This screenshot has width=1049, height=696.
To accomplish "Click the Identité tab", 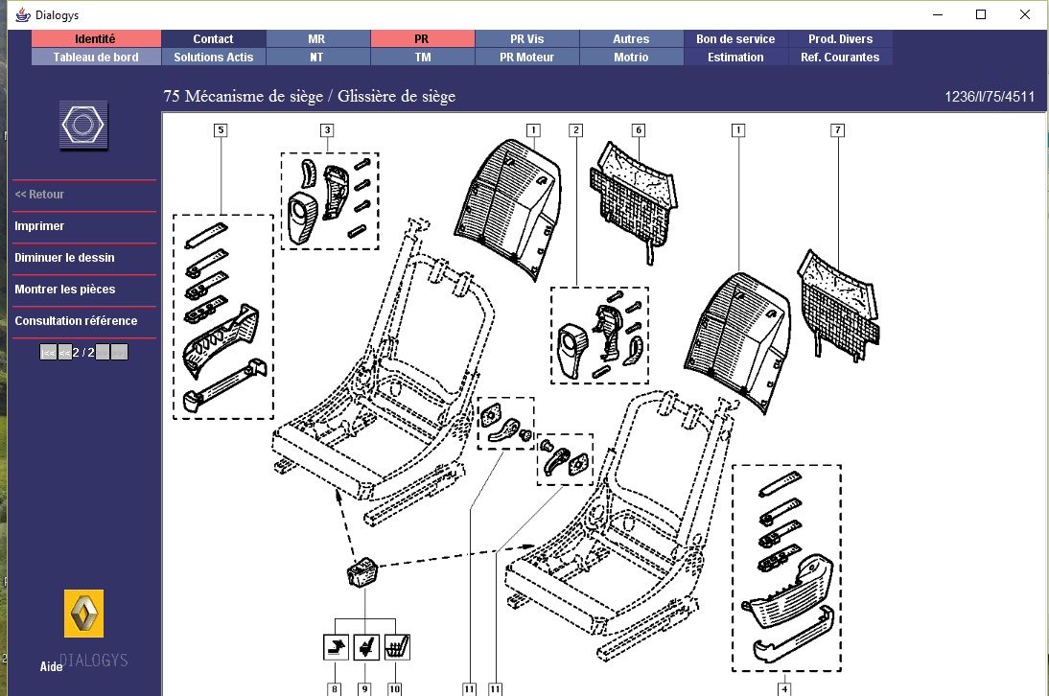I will pos(95,39).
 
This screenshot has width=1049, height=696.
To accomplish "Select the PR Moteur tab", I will pos(526,58).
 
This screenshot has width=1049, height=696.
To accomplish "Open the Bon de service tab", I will pos(735,39).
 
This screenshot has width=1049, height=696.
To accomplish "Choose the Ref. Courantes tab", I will pos(840,58).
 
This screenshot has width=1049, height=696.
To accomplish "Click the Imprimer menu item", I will pos(39,226).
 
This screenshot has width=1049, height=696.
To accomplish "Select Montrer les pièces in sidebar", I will pos(64,290).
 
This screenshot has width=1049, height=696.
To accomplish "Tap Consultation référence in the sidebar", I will pos(76,321).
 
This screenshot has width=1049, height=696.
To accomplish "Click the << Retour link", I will pos(39,195).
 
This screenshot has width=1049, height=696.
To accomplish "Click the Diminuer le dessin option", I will pos(64,258).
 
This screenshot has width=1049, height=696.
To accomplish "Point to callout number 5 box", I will pos(221,129).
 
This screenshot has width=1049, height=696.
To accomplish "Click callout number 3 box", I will pos(327,129).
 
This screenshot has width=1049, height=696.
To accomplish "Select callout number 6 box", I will pos(639,129).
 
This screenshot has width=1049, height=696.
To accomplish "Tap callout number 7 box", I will pos(837,129).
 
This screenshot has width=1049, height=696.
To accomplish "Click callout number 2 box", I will pos(575,129).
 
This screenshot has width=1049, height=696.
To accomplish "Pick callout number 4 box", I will pos(784,688).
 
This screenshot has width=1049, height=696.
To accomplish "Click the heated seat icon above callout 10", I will pos(396,647).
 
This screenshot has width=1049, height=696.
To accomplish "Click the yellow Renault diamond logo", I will pos(83,614).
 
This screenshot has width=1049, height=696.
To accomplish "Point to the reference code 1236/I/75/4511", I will pos(990,97).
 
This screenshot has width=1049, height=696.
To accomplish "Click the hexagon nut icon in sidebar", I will pos(83,126).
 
